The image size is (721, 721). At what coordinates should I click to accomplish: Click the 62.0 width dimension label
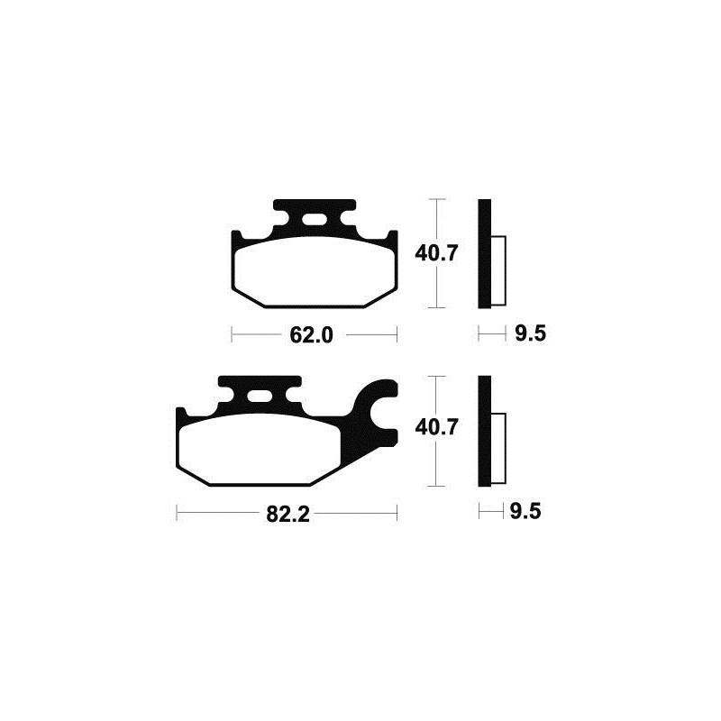pyautogui.click(x=313, y=336)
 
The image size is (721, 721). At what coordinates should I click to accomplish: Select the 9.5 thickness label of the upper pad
pyautogui.click(x=532, y=335)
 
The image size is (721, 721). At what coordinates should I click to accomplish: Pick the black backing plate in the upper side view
pyautogui.click(x=484, y=252)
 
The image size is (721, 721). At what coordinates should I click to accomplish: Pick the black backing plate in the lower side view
pyautogui.click(x=484, y=430)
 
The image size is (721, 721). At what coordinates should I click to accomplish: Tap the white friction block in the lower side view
pyautogui.click(x=498, y=445)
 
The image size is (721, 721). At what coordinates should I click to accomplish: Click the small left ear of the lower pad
pyautogui.click(x=181, y=415)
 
